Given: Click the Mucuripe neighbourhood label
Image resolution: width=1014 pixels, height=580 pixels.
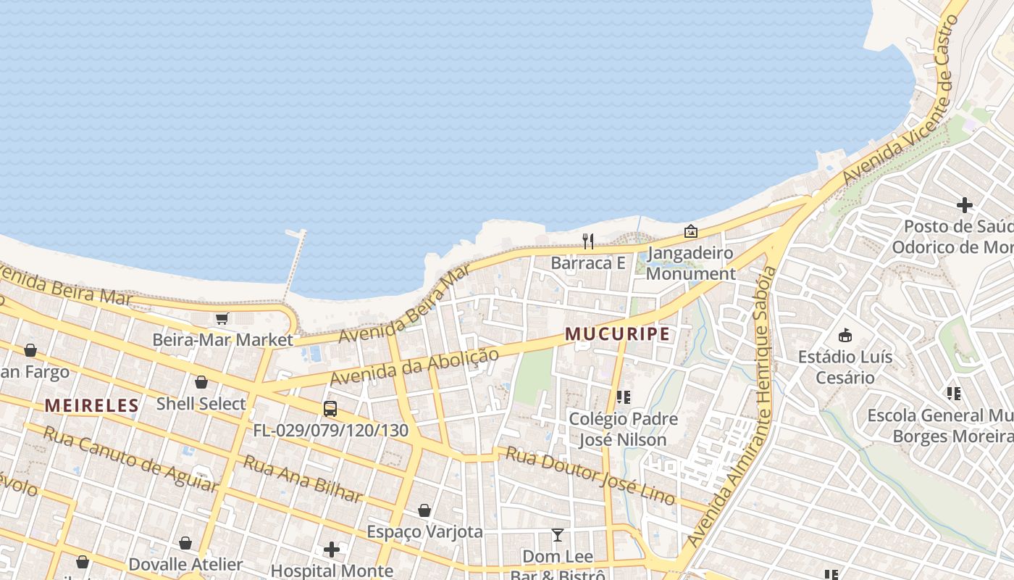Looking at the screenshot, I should point(617,334).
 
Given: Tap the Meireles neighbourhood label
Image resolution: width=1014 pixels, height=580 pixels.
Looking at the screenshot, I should point(91,405).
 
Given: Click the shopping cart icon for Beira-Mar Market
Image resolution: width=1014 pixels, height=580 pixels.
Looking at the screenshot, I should point(222,319).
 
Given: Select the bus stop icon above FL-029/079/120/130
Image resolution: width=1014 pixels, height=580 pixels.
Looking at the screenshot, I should point(330,409).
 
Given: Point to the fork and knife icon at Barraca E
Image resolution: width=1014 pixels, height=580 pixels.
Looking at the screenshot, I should point(588,241).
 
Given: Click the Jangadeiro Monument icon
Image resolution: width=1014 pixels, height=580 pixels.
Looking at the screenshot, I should point(691,231).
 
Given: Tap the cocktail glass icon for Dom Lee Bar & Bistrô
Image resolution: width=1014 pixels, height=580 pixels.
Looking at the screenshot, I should point(557,535).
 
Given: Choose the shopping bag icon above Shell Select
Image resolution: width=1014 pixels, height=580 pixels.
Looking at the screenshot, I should point(201,382).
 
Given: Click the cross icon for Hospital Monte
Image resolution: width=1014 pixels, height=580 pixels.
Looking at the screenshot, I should point(332,550).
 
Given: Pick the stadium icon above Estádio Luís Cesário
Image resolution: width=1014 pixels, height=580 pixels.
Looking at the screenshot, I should point(845,335).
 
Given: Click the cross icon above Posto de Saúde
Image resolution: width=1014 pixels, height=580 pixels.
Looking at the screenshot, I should point(964,205).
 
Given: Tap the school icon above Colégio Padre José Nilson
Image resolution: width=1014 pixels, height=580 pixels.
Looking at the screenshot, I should point(623,397).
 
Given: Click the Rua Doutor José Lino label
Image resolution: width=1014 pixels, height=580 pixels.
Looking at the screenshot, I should point(590,476).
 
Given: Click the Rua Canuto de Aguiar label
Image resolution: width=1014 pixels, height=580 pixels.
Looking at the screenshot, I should point(130,459).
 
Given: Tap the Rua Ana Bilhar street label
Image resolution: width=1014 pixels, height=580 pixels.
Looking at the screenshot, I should point(302,478).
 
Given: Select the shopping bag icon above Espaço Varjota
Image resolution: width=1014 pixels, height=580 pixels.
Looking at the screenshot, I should point(424,510).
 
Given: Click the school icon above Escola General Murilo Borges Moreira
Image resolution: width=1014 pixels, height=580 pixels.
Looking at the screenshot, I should point(954,394).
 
